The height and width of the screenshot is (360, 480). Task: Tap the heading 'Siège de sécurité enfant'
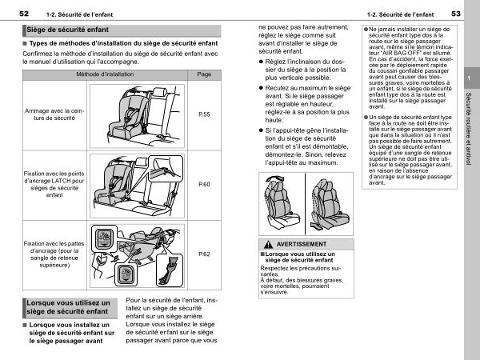coord(63,30)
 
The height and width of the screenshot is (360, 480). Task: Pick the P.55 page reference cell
coord(204,115)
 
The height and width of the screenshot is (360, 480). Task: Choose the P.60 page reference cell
coord(204,184)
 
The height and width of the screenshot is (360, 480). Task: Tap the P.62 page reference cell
coord(204,254)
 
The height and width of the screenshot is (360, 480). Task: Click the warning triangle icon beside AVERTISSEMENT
coord(265,243)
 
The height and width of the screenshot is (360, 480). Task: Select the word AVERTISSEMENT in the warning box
coord(302,243)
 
